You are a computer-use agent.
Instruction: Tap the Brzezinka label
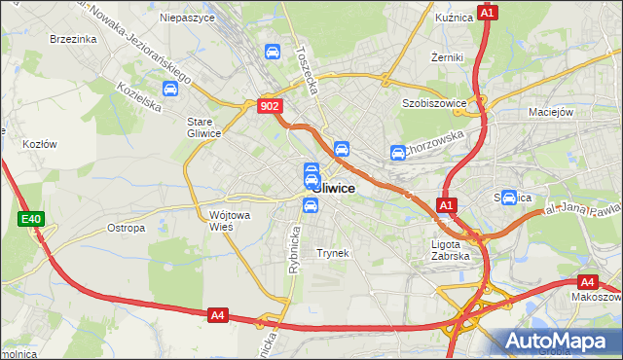73,39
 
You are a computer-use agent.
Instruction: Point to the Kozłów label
40,144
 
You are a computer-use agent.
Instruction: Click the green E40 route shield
30,220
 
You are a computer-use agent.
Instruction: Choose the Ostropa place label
126,229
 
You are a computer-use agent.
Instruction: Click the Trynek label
332,253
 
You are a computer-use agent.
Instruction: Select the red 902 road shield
271,106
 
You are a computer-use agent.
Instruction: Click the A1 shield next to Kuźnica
489,13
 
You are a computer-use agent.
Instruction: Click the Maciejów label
550,112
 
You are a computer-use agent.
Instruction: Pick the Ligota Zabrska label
451,250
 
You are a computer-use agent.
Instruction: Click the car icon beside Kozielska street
170,90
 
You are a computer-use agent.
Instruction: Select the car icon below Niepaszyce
274,52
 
